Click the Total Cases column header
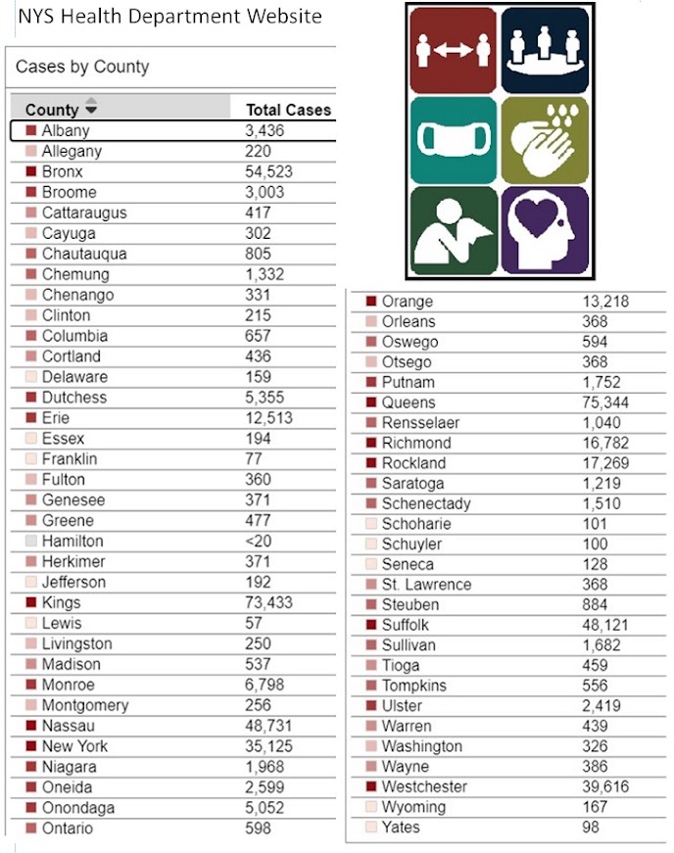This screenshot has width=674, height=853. [288, 110]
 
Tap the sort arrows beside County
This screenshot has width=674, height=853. [91, 106]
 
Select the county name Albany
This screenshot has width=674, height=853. [66, 130]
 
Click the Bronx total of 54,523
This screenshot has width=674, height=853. [268, 172]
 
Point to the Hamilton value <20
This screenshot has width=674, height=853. [258, 542]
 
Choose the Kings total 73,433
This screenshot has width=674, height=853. [268, 602]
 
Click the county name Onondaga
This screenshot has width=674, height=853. [78, 808]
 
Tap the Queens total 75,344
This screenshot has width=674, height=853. [605, 403]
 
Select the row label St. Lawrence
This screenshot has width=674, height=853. [426, 585]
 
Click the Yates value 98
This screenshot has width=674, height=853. [591, 827]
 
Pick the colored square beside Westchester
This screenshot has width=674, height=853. [371, 786]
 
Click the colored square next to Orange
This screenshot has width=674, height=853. [371, 301]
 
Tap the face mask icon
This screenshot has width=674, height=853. [454, 140]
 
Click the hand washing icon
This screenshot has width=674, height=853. [545, 140]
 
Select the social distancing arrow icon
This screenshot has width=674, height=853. [454, 50]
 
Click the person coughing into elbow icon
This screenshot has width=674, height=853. [454, 231]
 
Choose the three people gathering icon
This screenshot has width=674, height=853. [545, 50]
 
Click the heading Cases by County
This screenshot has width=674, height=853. [82, 67]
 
